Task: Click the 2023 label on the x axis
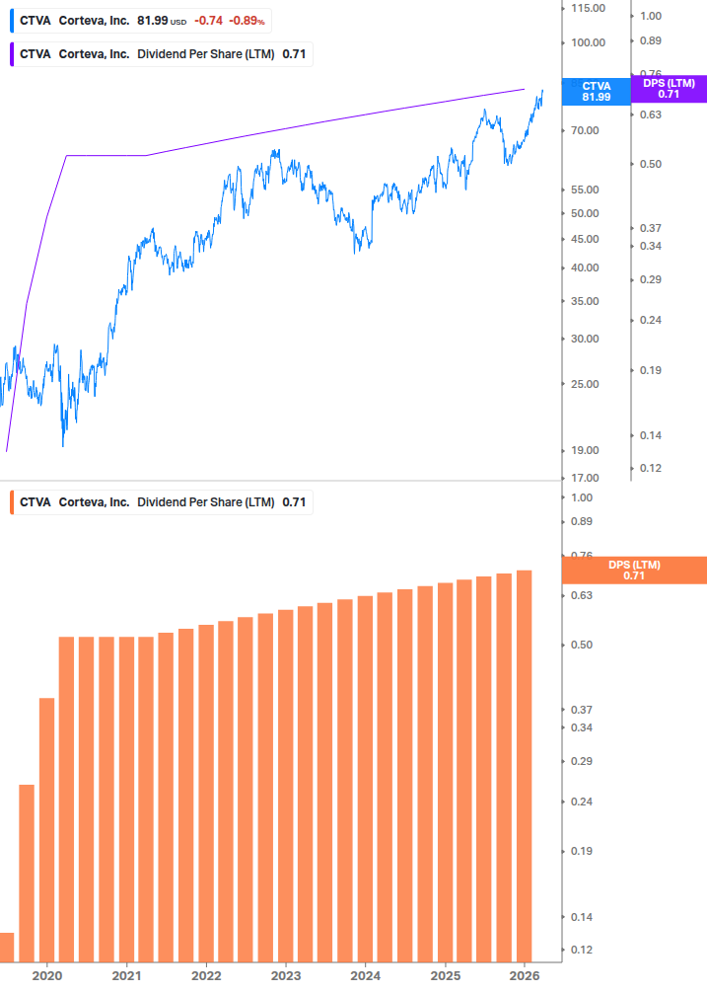tap(285, 975)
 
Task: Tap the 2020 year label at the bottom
tap(47, 975)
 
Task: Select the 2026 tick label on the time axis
tap(524, 975)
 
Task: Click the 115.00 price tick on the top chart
tap(588, 8)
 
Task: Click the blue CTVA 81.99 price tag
tap(596, 92)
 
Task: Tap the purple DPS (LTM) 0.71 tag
tap(669, 89)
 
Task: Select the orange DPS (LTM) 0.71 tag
tap(634, 571)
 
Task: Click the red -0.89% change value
tap(247, 20)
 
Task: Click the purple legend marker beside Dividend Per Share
tap(11, 54)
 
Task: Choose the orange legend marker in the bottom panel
tap(11, 502)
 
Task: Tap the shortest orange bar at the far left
tap(7, 947)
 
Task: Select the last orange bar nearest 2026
tap(525, 766)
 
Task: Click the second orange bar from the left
tap(27, 873)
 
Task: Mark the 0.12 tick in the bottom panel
tap(581, 950)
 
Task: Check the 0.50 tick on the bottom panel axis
tap(581, 645)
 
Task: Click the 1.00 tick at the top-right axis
tap(651, 16)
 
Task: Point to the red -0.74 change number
tap(208, 20)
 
